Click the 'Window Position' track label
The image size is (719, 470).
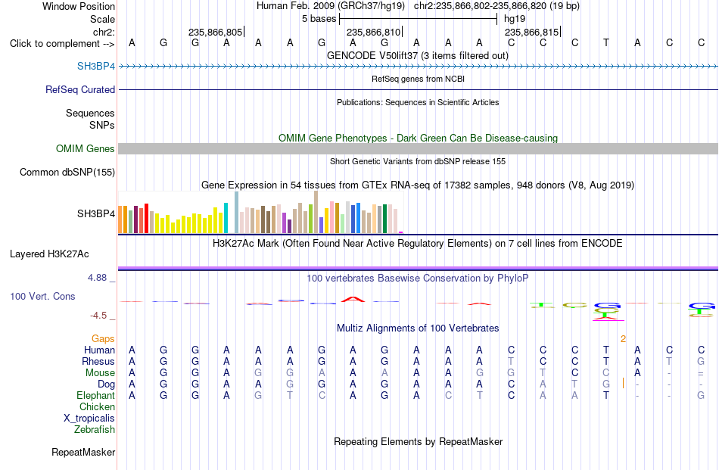click(79, 6)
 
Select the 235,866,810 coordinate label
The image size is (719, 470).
click(374, 32)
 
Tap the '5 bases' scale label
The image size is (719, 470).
click(319, 19)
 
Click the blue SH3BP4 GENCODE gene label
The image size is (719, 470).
click(96, 66)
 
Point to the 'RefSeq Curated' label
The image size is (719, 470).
click(80, 89)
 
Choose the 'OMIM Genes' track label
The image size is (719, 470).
click(86, 148)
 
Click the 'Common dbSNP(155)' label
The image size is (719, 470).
click(67, 172)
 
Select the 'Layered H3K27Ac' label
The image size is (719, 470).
click(49, 254)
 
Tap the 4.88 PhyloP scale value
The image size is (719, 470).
click(97, 278)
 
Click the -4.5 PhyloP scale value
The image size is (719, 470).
click(98, 315)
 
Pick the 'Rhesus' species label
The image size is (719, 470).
click(98, 361)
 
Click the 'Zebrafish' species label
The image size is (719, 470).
click(95, 430)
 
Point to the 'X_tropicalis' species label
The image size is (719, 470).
click(89, 419)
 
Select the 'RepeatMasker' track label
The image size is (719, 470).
click(83, 452)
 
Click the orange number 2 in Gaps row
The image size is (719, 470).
click(623, 339)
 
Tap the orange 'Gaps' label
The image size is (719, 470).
click(103, 338)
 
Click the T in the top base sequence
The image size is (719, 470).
click(606, 42)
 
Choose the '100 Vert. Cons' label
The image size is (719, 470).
click(42, 296)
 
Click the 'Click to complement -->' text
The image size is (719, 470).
click(62, 44)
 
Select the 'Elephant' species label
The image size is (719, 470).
click(96, 395)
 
